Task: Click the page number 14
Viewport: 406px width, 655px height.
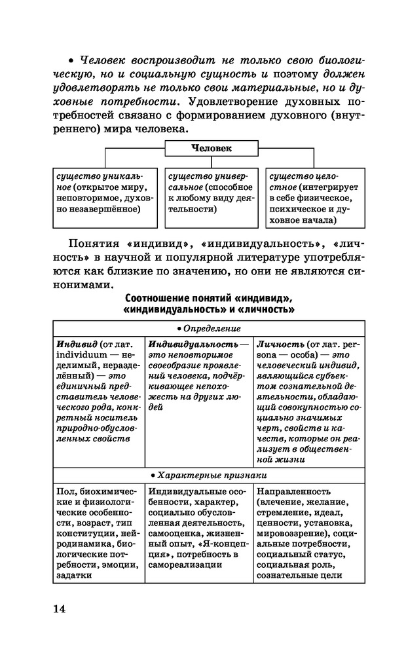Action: [x=60, y=609]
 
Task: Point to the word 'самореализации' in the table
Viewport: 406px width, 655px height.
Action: [x=181, y=563]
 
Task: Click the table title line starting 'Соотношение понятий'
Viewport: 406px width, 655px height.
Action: [x=208, y=298]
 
